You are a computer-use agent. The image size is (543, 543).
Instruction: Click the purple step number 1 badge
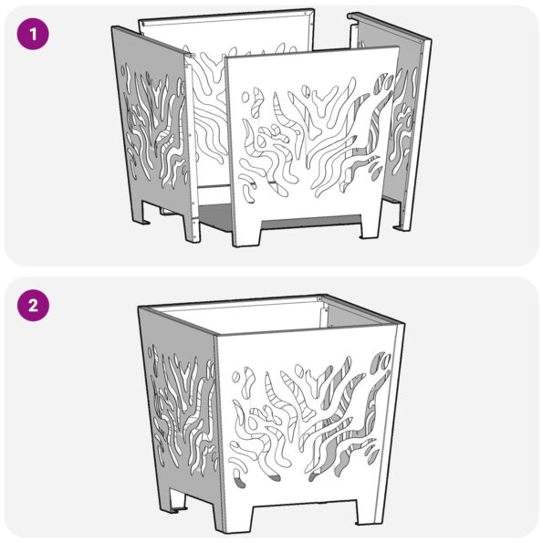33,34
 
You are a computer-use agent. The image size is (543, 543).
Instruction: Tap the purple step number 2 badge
33,306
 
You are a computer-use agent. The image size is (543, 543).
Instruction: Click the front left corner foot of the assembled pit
235,517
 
